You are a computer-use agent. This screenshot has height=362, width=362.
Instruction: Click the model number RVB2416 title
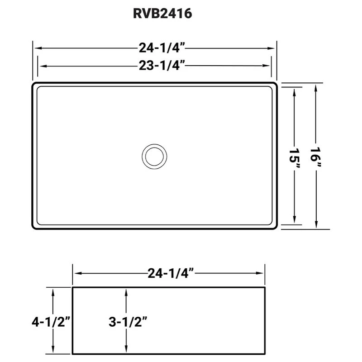click(162, 14)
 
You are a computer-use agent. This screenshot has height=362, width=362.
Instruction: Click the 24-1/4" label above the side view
click(170, 273)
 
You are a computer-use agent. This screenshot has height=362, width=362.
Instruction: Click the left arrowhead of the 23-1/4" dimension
click(41, 66)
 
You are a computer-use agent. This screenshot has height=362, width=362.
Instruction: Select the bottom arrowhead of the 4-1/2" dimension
click(53, 351)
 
